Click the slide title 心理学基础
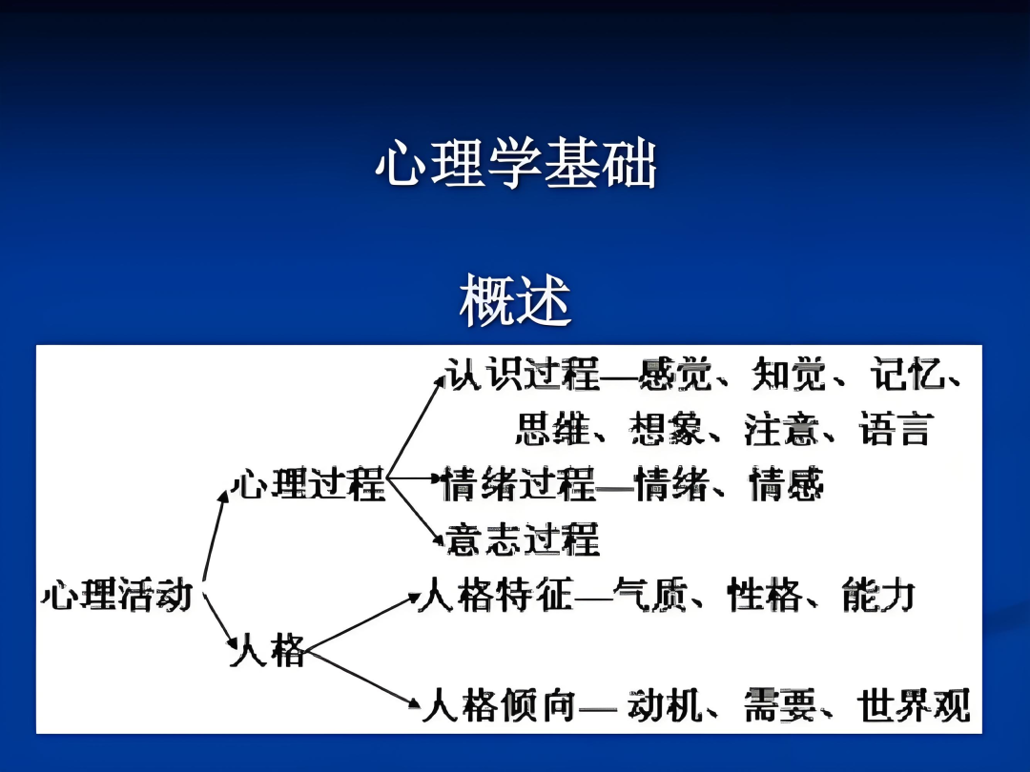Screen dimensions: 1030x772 pyautogui.click(x=516, y=163)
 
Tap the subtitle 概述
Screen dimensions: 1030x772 pyautogui.click(x=515, y=300)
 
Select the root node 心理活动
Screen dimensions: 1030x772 pyautogui.click(x=117, y=595)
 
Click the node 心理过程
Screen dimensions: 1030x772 pyautogui.click(x=308, y=484)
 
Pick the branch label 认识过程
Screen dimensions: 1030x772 pyautogui.click(x=523, y=375)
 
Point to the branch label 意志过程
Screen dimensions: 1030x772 pyautogui.click(x=523, y=538)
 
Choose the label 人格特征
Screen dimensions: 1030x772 pyautogui.click(x=495, y=595)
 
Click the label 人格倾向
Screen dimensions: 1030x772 pyautogui.click(x=499, y=705)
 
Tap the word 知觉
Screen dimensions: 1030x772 pyautogui.click(x=789, y=375)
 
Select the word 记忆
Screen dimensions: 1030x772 pyautogui.click(x=908, y=375)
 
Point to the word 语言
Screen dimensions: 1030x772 pyautogui.click(x=896, y=429)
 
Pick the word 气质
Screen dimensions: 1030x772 pyautogui.click(x=649, y=595)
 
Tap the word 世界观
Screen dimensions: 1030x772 pyautogui.click(x=914, y=705)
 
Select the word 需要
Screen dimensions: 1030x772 pyautogui.click(x=780, y=705)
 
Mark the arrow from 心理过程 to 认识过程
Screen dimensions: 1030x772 pyautogui.click(x=416, y=427)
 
